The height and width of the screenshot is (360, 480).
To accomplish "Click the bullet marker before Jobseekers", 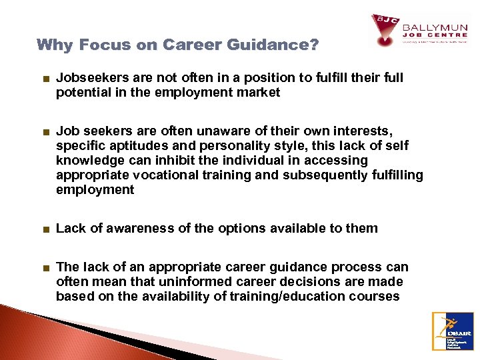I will [44, 78].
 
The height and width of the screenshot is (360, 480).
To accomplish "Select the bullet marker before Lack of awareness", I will [44, 229].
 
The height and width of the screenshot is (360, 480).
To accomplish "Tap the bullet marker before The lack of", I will [44, 267].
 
